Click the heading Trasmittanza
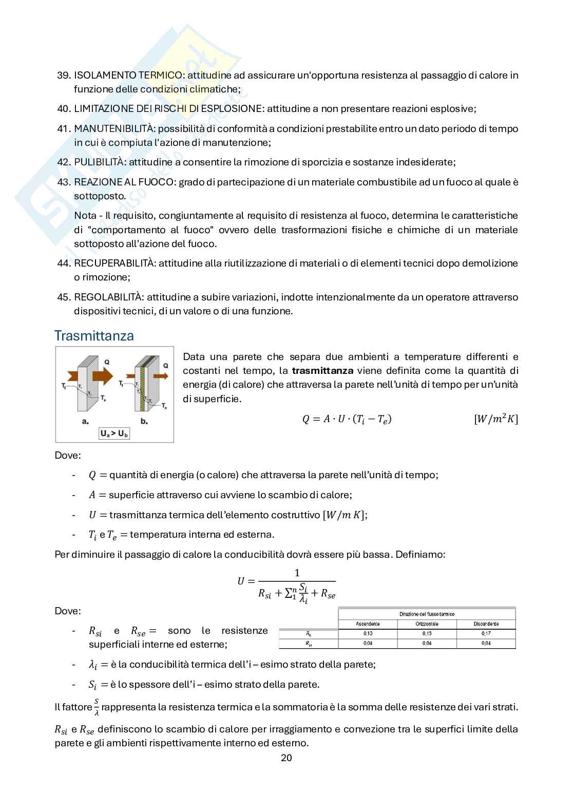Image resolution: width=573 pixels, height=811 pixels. click(x=94, y=336)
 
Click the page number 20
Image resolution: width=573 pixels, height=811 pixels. click(x=286, y=758)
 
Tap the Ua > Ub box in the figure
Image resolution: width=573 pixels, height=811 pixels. click(x=114, y=434)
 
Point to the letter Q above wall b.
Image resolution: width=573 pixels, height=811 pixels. click(x=165, y=366)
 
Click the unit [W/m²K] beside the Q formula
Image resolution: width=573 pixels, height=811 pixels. click(x=495, y=419)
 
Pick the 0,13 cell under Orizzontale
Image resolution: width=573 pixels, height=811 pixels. click(x=427, y=634)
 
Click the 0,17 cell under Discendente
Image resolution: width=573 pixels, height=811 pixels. click(x=486, y=634)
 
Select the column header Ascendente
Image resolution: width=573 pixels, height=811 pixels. click(x=368, y=624)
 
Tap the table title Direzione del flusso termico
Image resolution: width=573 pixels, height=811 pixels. click(x=427, y=614)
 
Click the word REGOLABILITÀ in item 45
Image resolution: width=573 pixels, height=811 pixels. click(x=109, y=297)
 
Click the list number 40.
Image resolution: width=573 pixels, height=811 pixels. click(x=63, y=109)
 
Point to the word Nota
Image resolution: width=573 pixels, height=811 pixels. click(x=85, y=216)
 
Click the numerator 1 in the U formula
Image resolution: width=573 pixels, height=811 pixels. click(x=297, y=573)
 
